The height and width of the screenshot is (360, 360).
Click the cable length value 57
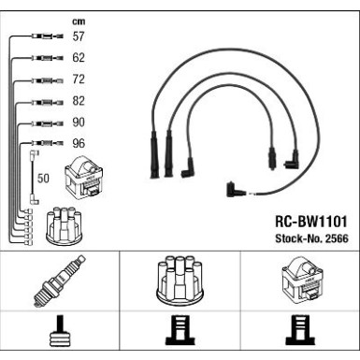pos(79,36)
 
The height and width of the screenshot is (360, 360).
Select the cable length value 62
pos(79,58)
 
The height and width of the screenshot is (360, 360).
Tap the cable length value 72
pos(79,79)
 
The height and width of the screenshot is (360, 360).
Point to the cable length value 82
pos(79,101)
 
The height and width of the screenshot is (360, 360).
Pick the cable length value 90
pos(79,122)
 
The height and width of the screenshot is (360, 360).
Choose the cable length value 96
pos(79,143)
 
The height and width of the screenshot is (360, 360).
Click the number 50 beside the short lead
pos(43,179)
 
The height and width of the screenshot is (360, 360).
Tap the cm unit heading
pos(79,22)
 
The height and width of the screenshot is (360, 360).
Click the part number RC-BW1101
pos(310,222)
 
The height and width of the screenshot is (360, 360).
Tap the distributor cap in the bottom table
pos(180,281)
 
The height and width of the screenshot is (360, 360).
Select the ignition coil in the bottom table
pos(301,280)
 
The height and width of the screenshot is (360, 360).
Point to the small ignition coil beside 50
pos(83,177)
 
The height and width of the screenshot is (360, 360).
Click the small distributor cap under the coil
pos(64,225)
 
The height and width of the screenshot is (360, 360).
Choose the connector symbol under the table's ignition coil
pos(300,330)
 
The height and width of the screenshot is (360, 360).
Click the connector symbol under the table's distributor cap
pos(180,330)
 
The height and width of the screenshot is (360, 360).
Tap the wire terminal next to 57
pos(48,36)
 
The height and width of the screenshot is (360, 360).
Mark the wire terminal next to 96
pos(48,143)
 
